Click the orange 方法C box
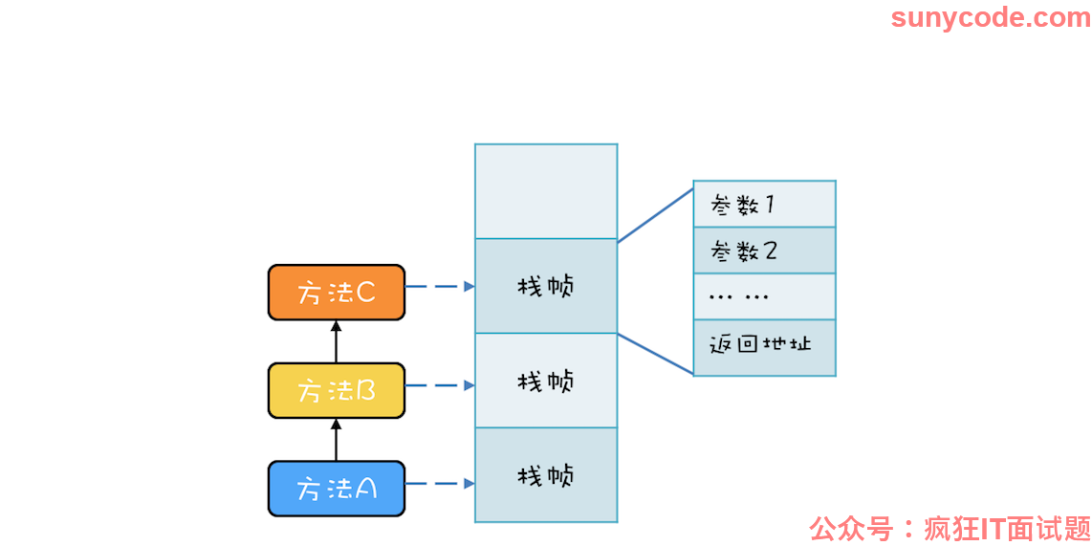coord(337,293)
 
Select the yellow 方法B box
coord(337,391)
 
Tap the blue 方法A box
coord(337,489)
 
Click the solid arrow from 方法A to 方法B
coord(336,440)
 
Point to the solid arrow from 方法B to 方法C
coord(336,341)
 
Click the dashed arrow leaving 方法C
coord(440,286)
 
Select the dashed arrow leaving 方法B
coord(440,385)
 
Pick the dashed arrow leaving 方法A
coord(440,483)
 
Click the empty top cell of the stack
coord(546,191)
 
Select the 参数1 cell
coord(765,204)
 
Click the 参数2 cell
coord(765,250)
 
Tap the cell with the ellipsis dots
coord(765,296)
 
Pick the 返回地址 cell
coord(765,347)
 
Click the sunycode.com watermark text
coord(991,17)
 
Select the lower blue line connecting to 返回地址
coord(655,354)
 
